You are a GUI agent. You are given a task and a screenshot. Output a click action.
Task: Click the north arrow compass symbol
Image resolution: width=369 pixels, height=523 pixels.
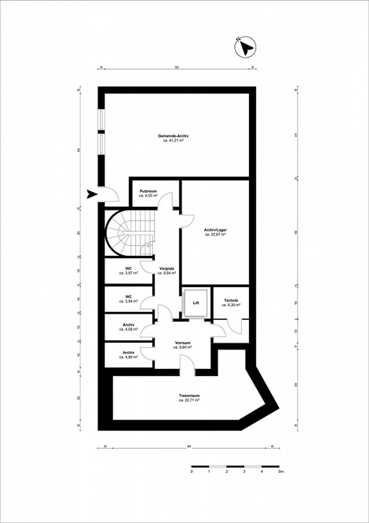pos(245,46)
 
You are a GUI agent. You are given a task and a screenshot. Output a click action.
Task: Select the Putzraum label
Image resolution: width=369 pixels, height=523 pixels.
pos(148,191)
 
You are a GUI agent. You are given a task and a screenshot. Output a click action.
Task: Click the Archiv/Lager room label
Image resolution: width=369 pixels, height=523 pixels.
pos(215,230)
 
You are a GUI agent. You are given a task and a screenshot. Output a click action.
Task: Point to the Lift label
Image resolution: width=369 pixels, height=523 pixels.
pos(196,303)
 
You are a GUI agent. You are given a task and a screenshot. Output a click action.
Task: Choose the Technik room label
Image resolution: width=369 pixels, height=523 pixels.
pos(231,300)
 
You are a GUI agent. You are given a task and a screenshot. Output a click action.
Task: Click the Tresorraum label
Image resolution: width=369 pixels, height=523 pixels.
pos(189,396)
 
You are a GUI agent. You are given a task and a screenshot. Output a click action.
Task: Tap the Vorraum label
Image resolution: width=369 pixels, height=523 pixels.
pos(182,343)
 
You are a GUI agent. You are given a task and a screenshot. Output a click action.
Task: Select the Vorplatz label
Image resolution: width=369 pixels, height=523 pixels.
pos(167,269)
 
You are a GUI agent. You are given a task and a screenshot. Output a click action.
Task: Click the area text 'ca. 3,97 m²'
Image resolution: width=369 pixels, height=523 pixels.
pos(128,273)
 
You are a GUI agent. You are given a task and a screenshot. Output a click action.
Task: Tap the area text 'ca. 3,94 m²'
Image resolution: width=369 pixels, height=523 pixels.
pos(128,301)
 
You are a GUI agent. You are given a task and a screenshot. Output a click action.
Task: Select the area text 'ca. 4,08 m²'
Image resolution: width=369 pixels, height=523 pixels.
pos(128,329)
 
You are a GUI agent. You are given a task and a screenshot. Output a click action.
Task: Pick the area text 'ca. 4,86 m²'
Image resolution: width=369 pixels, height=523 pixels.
pos(128,357)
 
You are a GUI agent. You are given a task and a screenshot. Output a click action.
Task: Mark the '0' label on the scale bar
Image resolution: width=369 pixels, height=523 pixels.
pos(191,471)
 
